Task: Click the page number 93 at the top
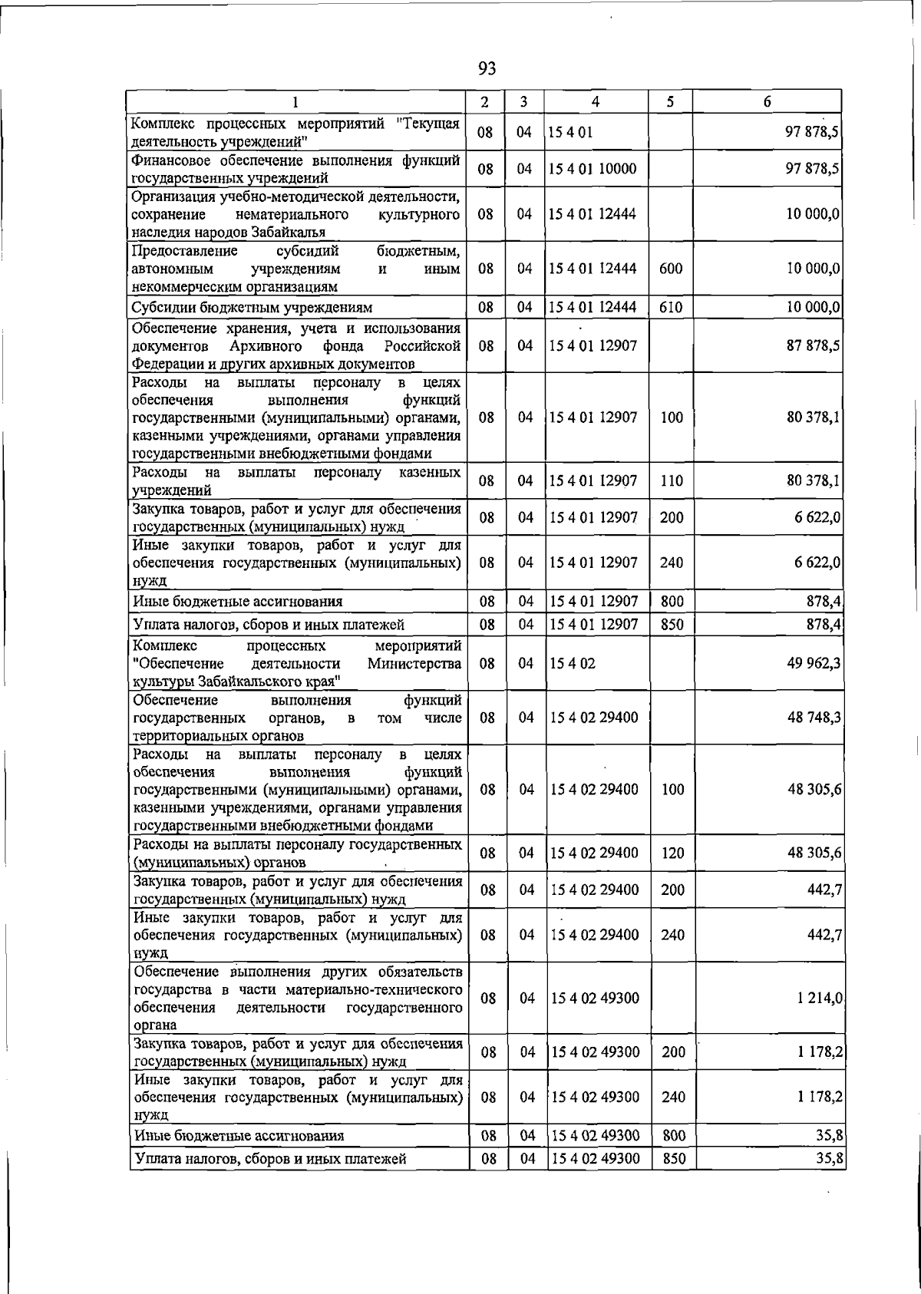pos(487,69)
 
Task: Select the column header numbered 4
pos(596,101)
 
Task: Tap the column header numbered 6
pos(767,101)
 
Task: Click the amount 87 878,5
pos(813,346)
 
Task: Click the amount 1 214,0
pos(820,999)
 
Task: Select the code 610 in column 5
pos(671,308)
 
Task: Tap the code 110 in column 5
pos(672,481)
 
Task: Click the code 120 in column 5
pos(672,853)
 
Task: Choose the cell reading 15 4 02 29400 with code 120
pos(594,853)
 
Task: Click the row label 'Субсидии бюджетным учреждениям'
pos(253,308)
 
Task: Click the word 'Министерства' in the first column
pos(414,663)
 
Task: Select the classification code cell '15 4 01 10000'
pos(593,169)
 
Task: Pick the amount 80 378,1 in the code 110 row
pos(813,481)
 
